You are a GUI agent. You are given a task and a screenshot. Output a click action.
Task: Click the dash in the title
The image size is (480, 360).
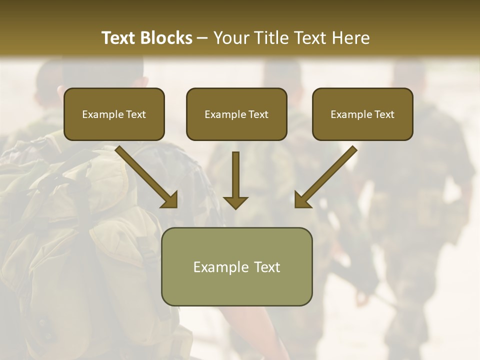(202, 38)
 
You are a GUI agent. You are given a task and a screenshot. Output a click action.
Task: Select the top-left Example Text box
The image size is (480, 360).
(114, 114)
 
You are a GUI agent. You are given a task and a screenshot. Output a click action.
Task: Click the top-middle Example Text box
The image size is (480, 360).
(236, 114)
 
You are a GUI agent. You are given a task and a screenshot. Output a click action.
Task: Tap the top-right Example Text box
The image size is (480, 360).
(362, 114)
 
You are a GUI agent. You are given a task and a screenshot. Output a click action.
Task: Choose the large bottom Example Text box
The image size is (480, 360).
(236, 266)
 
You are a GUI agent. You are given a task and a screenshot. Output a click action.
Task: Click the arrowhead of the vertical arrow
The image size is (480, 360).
(235, 202)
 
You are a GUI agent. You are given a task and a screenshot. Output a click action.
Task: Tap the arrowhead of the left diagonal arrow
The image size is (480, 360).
(170, 200)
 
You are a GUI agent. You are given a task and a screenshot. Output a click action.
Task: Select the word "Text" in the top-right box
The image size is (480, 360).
(384, 114)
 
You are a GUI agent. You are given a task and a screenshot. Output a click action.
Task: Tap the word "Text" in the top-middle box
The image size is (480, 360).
(258, 114)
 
